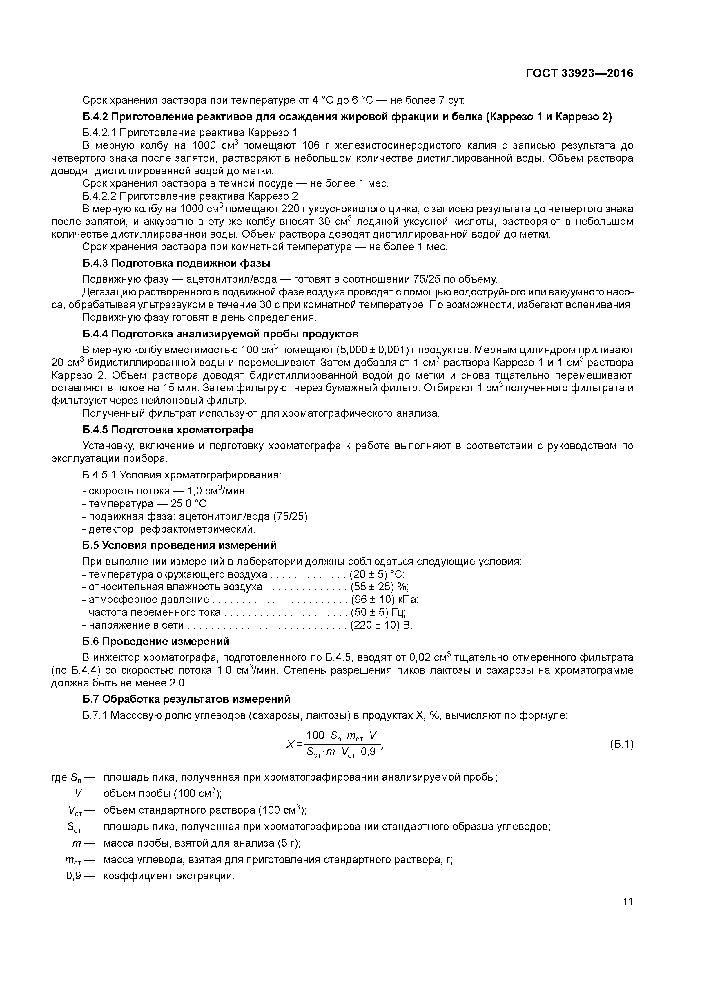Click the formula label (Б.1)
[x=621, y=744]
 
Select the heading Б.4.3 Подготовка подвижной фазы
[x=176, y=263]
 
